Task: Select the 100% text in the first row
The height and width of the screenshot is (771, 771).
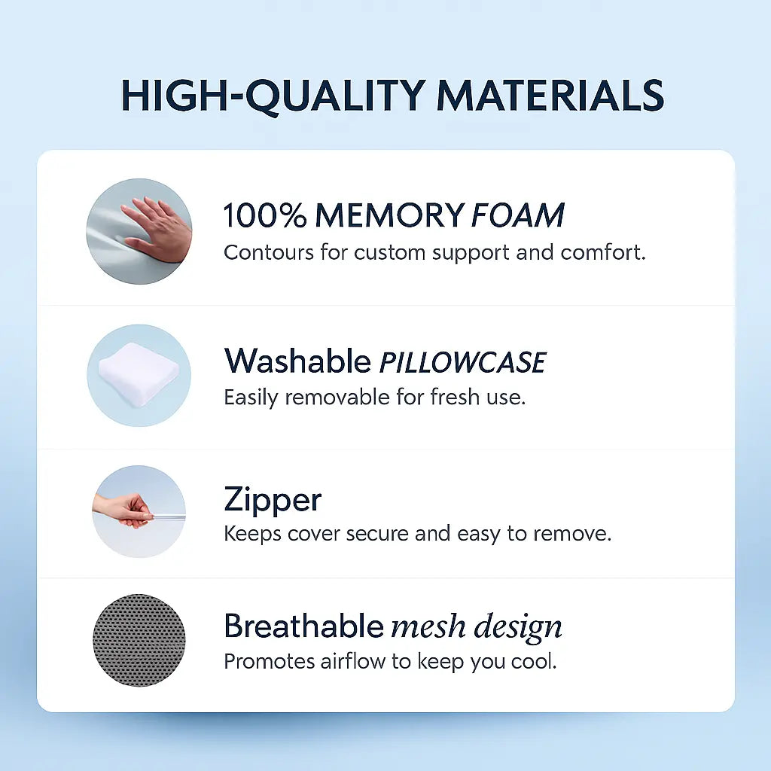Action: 264,216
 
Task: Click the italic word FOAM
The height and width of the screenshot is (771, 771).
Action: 518,216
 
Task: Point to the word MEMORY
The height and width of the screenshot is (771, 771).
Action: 389,216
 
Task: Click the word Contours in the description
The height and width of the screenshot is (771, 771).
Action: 268,252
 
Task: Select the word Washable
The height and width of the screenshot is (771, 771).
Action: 297,361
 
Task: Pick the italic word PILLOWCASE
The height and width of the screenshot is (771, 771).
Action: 462,363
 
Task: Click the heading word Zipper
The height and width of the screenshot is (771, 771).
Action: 273,501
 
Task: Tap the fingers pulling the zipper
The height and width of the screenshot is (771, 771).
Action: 125,510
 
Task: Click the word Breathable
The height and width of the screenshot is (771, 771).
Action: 303,626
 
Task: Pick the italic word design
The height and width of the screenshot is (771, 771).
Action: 516,627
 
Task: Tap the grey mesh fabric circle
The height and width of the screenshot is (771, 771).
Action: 139,640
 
